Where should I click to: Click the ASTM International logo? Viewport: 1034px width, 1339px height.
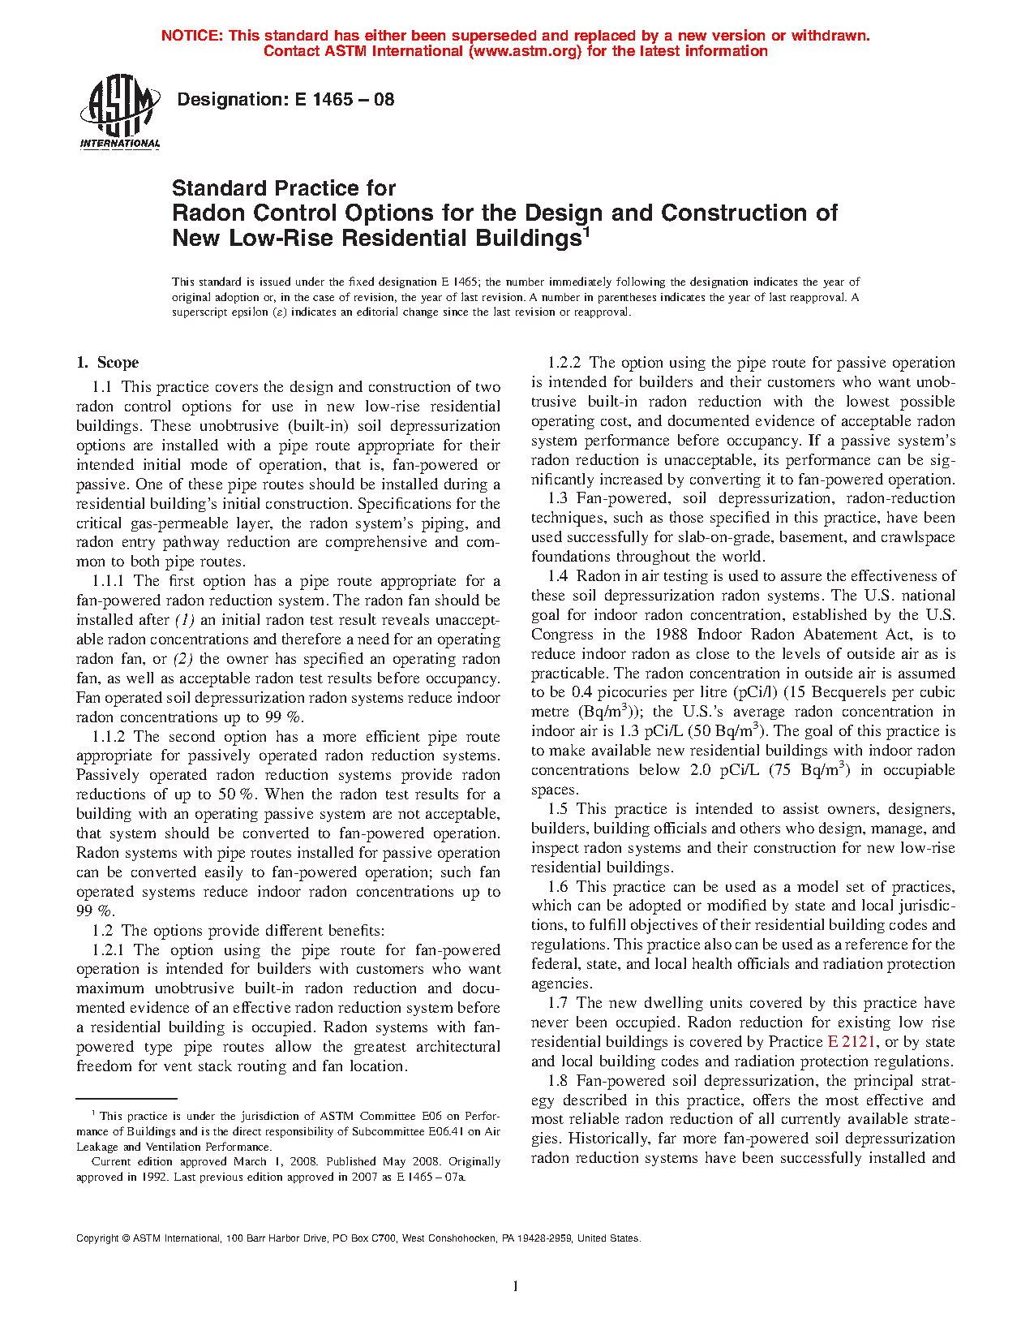click(120, 113)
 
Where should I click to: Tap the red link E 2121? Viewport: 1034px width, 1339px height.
click(851, 1042)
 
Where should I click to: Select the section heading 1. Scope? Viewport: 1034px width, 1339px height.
click(108, 363)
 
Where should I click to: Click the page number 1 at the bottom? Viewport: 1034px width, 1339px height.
click(516, 1285)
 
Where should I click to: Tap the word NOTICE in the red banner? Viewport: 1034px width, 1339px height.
click(191, 36)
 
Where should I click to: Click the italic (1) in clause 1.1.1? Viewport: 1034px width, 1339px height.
click(184, 620)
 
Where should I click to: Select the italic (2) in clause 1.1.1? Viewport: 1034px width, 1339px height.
click(183, 659)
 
